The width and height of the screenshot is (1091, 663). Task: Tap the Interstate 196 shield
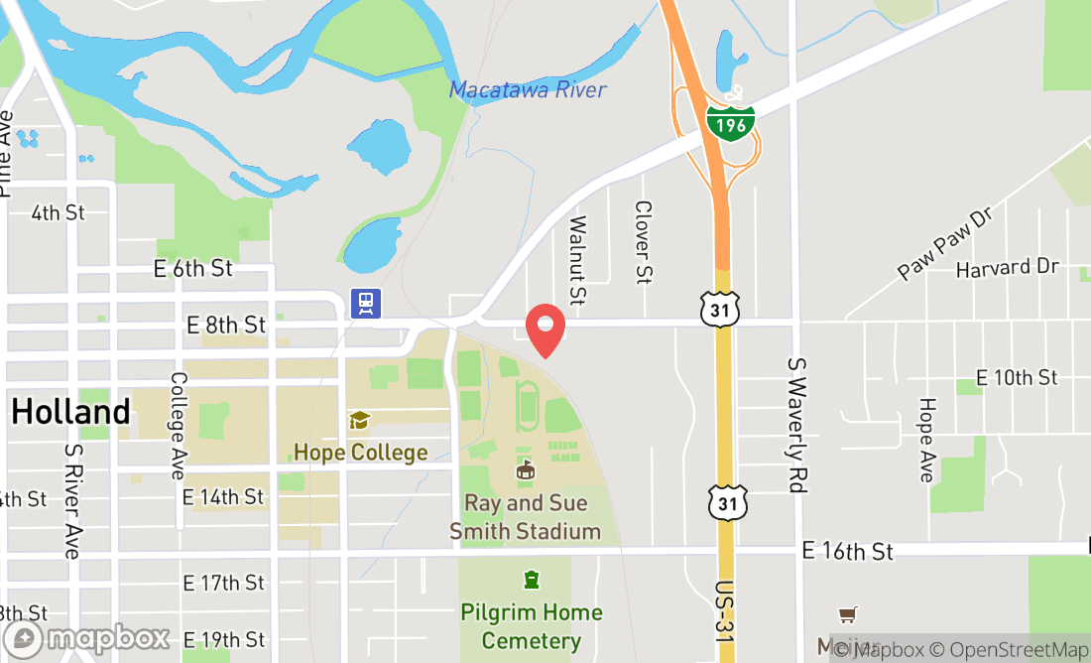click(x=731, y=120)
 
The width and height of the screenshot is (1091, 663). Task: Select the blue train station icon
click(x=366, y=303)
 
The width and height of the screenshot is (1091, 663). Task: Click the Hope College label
click(x=360, y=453)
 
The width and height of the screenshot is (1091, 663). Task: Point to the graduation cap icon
click(x=359, y=421)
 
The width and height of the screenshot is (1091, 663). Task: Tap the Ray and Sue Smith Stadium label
click(x=525, y=517)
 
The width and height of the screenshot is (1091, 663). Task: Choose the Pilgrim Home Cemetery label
click(x=532, y=626)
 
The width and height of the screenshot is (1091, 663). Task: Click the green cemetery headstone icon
click(x=532, y=579)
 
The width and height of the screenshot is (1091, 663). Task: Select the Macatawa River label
click(x=528, y=90)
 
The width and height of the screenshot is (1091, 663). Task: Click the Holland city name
click(x=71, y=412)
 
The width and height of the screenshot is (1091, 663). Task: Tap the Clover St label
click(x=644, y=244)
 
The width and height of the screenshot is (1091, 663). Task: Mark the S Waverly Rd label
click(x=795, y=424)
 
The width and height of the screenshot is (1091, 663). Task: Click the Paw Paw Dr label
click(x=944, y=243)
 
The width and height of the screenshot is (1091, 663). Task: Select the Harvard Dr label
click(x=1008, y=268)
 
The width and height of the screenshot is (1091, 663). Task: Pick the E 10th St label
click(x=1017, y=377)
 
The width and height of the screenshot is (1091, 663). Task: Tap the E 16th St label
click(x=847, y=551)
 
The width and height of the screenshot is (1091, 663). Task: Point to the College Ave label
click(x=179, y=425)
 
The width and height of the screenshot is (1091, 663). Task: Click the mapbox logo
click(x=86, y=637)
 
